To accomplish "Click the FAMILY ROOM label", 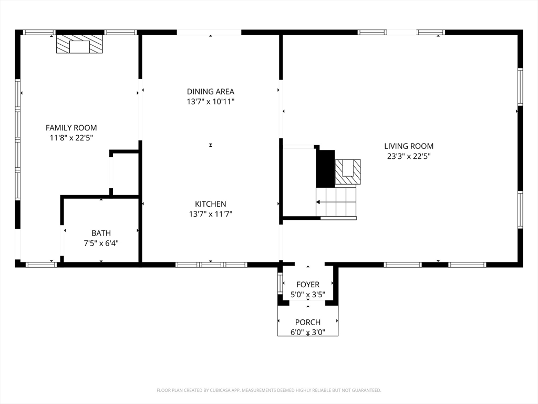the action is [71, 128].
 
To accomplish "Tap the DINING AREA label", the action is [210, 92].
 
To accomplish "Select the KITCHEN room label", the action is [210, 204].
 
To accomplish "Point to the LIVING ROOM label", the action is [409, 146].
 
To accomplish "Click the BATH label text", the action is [101, 233].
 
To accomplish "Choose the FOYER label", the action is [308, 285].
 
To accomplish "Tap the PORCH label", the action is [308, 322].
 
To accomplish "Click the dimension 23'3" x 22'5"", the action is [409, 156].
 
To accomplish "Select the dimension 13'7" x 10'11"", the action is [210, 102].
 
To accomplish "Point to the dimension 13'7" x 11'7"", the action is [210, 214].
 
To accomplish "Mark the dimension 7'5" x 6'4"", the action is [101, 243].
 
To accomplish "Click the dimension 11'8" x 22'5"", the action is [71, 138].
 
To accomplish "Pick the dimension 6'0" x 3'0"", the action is [308, 332].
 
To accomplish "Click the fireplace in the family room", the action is [80, 44].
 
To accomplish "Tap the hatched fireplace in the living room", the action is [348, 172].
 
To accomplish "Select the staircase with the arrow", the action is [336, 202].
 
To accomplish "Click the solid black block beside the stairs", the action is [325, 169].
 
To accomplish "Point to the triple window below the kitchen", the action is [211, 265].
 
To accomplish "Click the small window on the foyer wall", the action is [280, 283].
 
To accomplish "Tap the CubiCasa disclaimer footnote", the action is [268, 390].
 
